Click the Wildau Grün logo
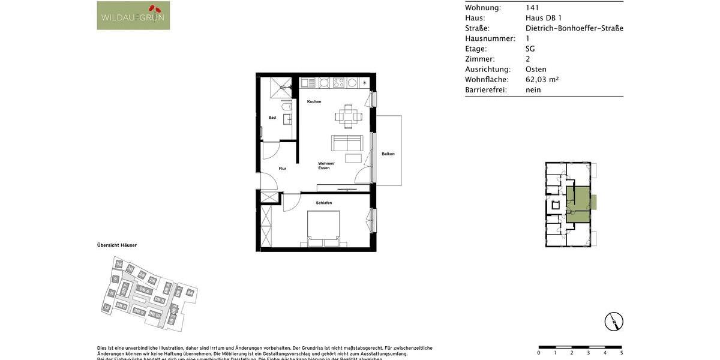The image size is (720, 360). pyautogui.click(x=133, y=16)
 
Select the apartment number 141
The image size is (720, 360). pyautogui.click(x=532, y=8)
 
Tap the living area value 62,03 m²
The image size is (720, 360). pyautogui.click(x=542, y=79)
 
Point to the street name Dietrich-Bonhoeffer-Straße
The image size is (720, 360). pyautogui.click(x=574, y=28)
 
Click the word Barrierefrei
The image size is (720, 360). pyautogui.click(x=486, y=90)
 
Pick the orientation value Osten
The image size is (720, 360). pyautogui.click(x=536, y=69)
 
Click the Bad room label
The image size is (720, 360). pyautogui.click(x=272, y=118)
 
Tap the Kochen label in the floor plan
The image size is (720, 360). pyautogui.click(x=314, y=101)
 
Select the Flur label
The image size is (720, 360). pyautogui.click(x=282, y=169)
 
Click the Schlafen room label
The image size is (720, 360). pyautogui.click(x=324, y=203)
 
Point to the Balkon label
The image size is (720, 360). pyautogui.click(x=388, y=154)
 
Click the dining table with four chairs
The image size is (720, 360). pyautogui.click(x=349, y=116)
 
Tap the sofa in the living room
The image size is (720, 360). pyautogui.click(x=347, y=143)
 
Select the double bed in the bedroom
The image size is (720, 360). pyautogui.click(x=324, y=228)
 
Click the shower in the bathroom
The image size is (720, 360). pyautogui.click(x=280, y=88)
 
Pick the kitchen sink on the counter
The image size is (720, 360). pyautogui.click(x=308, y=83)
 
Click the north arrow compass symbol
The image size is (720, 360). pyautogui.click(x=614, y=322)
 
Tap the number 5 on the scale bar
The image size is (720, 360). pyautogui.click(x=621, y=353)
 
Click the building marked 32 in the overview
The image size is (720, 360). pyautogui.click(x=119, y=264)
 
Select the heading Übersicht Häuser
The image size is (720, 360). pyautogui.click(x=117, y=245)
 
